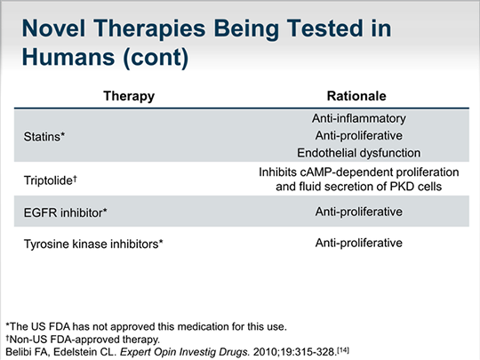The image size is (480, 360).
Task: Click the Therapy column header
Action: tap(129, 96)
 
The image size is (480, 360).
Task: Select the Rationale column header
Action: tap(356, 96)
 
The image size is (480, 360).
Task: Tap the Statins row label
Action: tap(44, 137)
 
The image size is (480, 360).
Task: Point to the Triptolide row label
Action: tap(51, 180)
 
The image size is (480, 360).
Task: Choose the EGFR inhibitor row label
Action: tap(66, 212)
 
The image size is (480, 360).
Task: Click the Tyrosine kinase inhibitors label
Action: tap(93, 244)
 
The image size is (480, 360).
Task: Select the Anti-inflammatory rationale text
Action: tap(359, 118)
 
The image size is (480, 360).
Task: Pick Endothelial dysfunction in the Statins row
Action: tap(359, 153)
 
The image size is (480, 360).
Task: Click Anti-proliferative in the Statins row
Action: tap(359, 136)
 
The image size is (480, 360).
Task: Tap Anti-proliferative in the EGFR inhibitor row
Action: tap(359, 212)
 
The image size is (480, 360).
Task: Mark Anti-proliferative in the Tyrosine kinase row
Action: tap(359, 243)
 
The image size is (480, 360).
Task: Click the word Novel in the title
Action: tap(53, 28)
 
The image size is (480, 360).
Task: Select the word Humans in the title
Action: tap(68, 57)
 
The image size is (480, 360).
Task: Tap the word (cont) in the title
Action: tap(156, 58)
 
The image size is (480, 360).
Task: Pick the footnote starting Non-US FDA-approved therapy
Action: tap(83, 340)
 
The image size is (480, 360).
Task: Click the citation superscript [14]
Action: tap(343, 350)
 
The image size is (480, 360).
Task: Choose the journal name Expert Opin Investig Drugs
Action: tap(185, 352)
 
